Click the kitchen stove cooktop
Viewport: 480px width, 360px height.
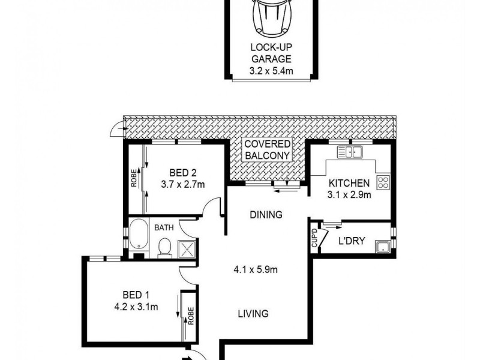pos(383,182)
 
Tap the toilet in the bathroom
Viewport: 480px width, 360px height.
pos(164,248)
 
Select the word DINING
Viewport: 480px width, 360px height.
pos(266,214)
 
